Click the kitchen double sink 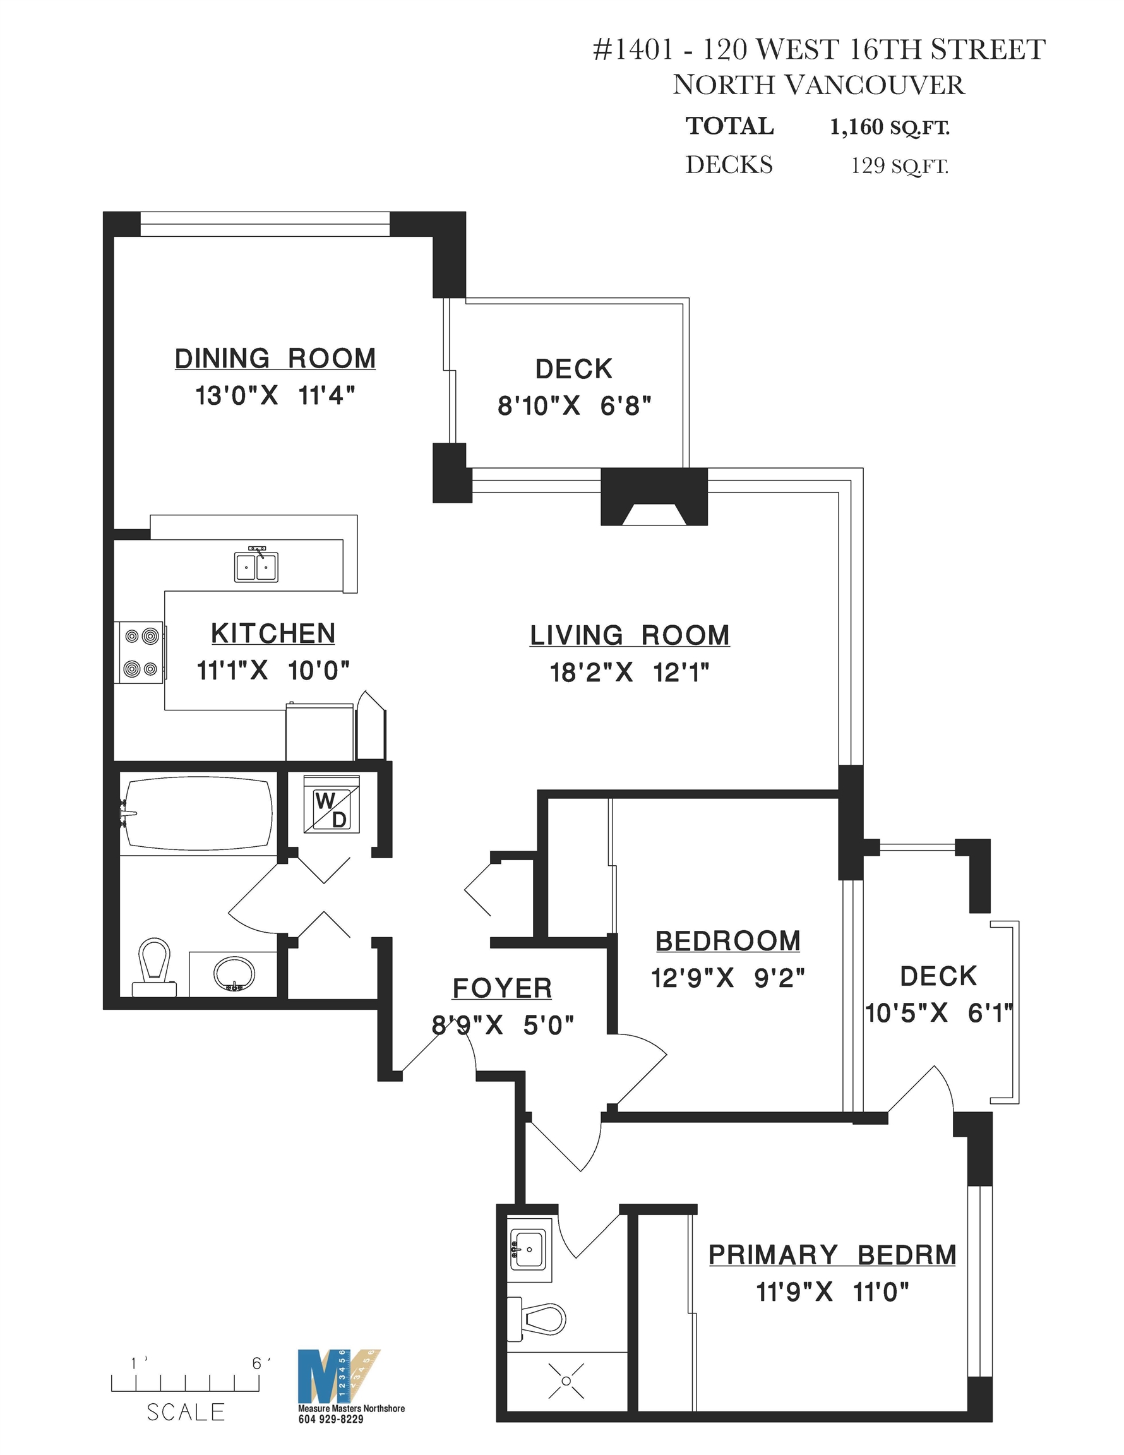pos(256,565)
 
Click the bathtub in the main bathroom pos(196,813)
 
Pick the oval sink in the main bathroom pos(234,973)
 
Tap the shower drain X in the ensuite pos(566,1380)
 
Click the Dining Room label pos(275,359)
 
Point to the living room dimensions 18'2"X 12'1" pos(630,673)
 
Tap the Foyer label pos(503,988)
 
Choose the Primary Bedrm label pos(832,1255)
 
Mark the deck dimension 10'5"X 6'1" pos(939,1014)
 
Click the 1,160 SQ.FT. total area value pos(890,126)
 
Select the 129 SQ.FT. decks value pos(899,165)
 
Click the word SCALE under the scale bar pos(186,1411)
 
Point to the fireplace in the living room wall pos(654,496)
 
